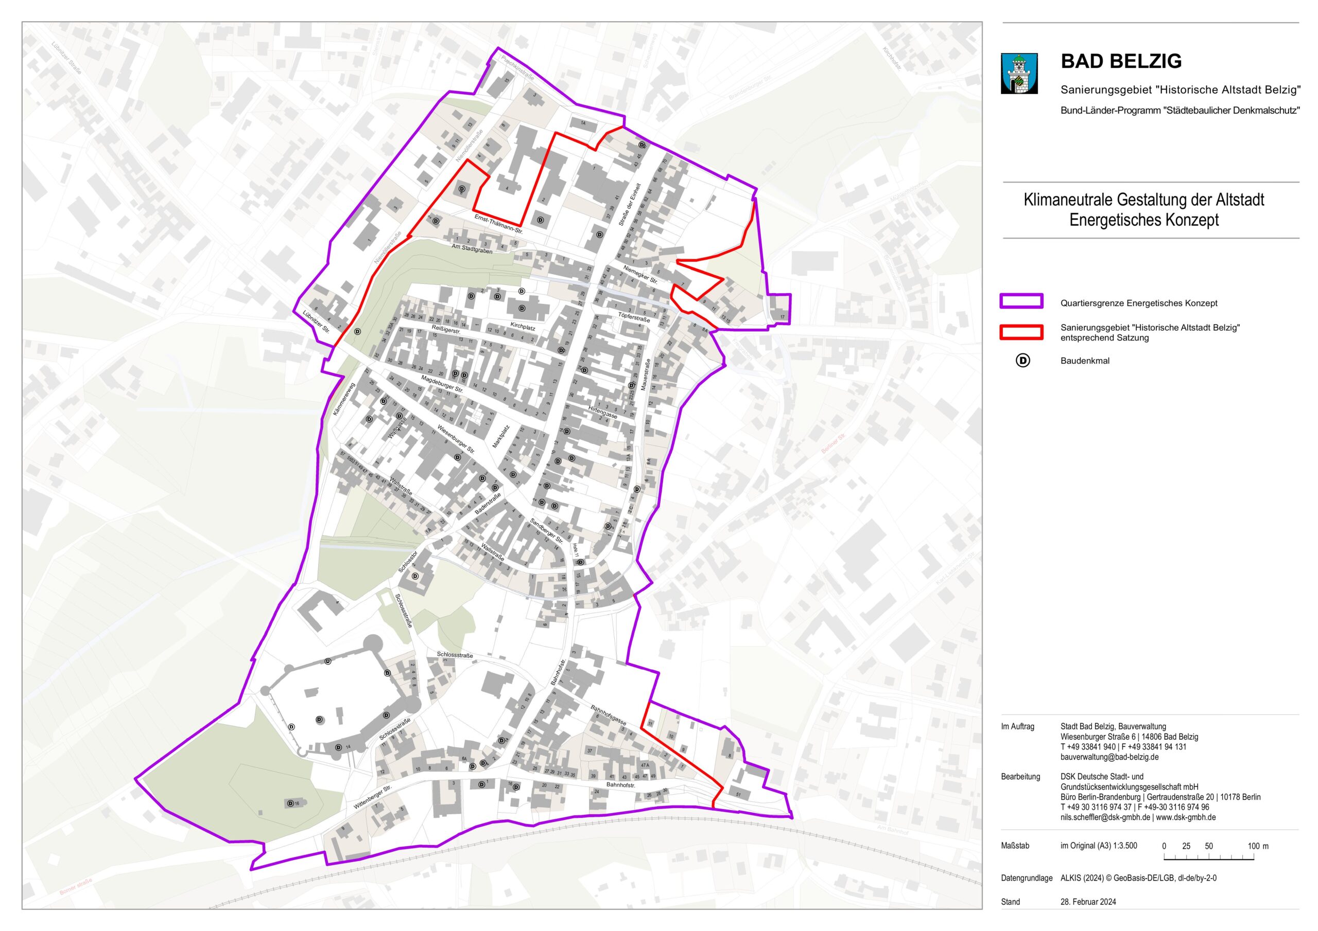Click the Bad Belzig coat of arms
click(1019, 74)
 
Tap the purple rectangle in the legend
click(1021, 301)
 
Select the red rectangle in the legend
click(1021, 332)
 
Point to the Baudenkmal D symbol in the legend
click(1022, 361)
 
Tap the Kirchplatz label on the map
click(523, 328)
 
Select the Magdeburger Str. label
click(442, 384)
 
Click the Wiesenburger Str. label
click(456, 439)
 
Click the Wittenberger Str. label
click(372, 797)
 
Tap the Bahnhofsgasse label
click(608, 715)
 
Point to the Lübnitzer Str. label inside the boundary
click(316, 322)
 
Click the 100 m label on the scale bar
click(1258, 846)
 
